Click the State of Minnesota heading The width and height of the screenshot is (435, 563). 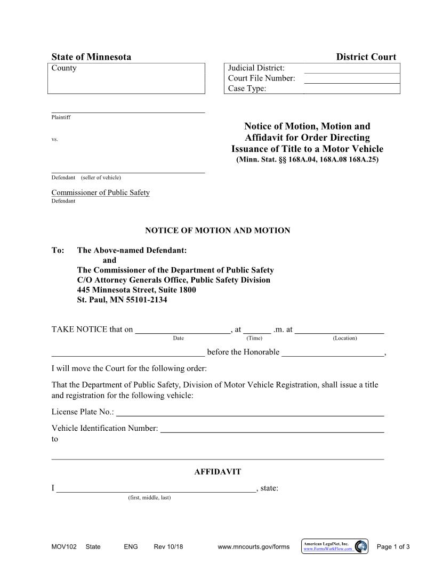pyautogui.click(x=91, y=57)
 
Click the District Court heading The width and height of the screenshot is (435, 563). pyautogui.click(x=366, y=57)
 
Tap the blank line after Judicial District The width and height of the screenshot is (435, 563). pyautogui.click(x=351, y=68)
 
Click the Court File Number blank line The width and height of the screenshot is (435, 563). pyautogui.click(x=351, y=78)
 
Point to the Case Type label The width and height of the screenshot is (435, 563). pyautogui.click(x=247, y=89)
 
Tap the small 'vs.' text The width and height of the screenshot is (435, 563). pyautogui.click(x=54, y=139)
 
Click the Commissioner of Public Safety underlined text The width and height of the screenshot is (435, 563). pyautogui.click(x=100, y=192)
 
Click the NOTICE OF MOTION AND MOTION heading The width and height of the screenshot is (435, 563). pyautogui.click(x=217, y=230)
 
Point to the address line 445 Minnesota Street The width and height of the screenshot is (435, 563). pyautogui.click(x=136, y=289)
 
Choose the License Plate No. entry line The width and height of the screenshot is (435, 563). pyautogui.click(x=250, y=413)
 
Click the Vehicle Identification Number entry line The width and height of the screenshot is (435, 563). pyautogui.click(x=272, y=429)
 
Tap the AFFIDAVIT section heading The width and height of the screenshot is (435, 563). pyautogui.click(x=217, y=472)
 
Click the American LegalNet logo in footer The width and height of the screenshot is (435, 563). pyautogui.click(x=335, y=546)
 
